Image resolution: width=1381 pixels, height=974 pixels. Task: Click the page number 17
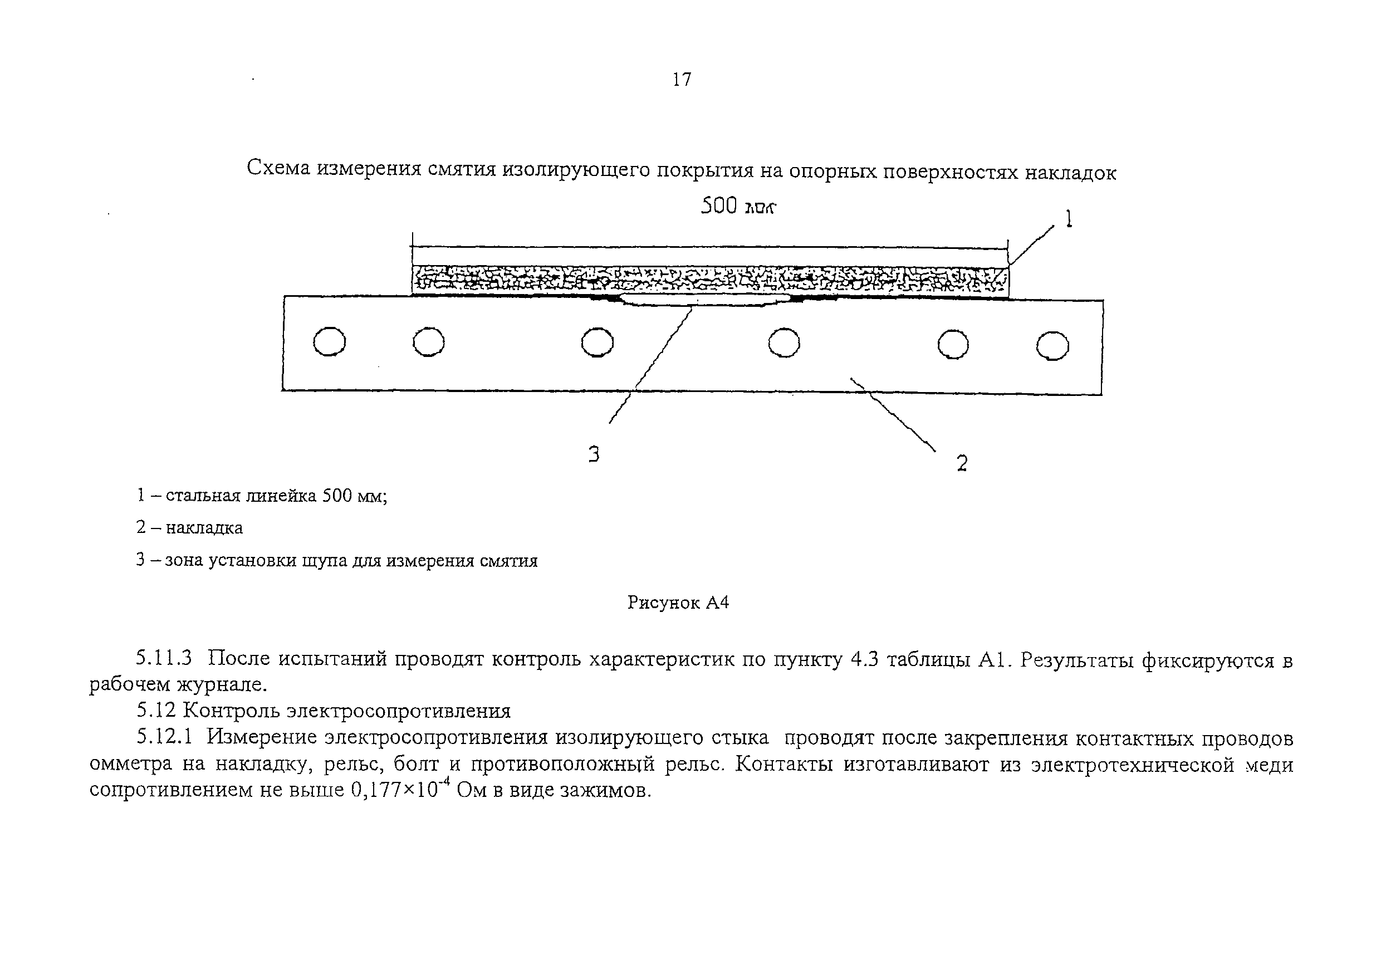pos(682,80)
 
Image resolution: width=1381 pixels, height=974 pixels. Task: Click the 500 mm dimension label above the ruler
pos(738,207)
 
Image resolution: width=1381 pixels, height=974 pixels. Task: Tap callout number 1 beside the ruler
pos(1068,218)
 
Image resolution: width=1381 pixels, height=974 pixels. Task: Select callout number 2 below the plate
pos(962,463)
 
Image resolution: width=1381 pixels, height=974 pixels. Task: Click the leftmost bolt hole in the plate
pos(330,342)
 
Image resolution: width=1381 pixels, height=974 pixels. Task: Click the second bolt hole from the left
pos(429,342)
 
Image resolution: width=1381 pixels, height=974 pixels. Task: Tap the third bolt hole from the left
pos(598,343)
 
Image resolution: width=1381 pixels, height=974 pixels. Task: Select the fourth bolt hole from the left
pos(785,344)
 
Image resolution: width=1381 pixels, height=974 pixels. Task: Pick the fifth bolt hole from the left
pos(953,345)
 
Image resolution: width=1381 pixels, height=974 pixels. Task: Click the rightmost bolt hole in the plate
pos(1052,346)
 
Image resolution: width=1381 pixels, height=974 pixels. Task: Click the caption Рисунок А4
pos(678,602)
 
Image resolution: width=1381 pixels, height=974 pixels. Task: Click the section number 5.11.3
pos(164,659)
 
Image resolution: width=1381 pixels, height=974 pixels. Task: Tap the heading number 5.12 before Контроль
pos(155,710)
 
